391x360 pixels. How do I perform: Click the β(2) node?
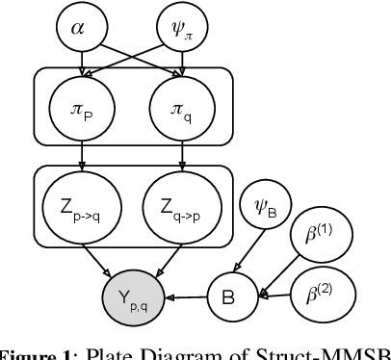tap(327, 286)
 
